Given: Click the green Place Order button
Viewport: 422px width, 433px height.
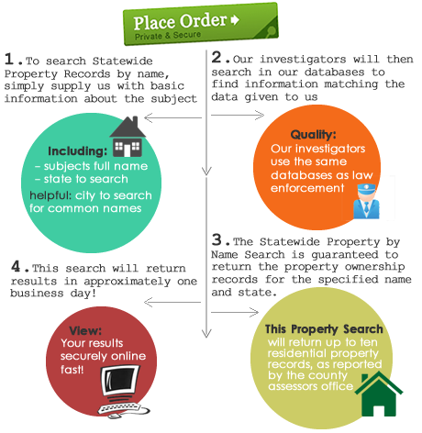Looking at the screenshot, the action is click(x=201, y=24).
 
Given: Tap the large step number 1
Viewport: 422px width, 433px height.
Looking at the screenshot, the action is click(x=9, y=59).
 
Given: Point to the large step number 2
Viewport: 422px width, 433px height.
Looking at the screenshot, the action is click(x=217, y=57).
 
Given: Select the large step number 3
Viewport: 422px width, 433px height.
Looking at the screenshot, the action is click(x=217, y=239).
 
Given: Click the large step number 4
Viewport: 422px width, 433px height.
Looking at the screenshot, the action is click(x=16, y=266).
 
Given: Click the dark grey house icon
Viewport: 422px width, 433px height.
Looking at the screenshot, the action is click(x=128, y=137).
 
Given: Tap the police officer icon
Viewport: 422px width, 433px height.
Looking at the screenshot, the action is click(x=366, y=201).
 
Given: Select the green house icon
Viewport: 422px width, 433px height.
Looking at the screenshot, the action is click(x=379, y=394).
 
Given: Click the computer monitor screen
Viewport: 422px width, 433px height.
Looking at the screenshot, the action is click(x=120, y=381).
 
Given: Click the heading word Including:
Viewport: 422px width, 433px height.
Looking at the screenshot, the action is click(x=78, y=151).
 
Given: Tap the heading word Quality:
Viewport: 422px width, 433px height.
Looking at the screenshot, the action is click(x=313, y=134).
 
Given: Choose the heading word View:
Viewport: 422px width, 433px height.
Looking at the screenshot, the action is click(x=85, y=330).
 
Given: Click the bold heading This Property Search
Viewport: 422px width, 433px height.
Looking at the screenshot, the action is click(x=324, y=329).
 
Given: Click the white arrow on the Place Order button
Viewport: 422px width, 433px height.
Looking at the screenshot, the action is click(x=235, y=20).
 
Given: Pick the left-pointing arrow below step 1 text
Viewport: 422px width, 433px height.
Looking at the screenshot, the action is click(x=172, y=117).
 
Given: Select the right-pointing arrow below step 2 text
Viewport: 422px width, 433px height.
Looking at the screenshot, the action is click(x=238, y=115).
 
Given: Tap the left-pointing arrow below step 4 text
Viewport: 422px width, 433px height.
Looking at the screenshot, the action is click(x=172, y=303).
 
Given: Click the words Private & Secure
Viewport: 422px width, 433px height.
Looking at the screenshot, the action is click(x=168, y=36).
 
